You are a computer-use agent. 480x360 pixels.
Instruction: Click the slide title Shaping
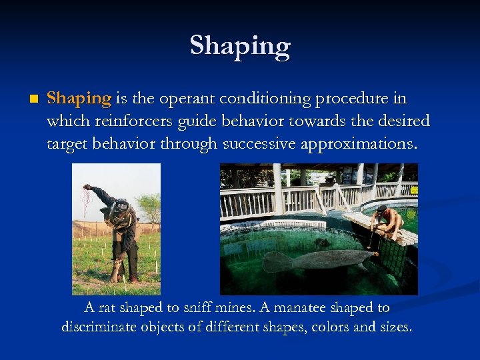tap(240, 46)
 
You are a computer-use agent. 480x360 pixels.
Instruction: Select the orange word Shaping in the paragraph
tap(79, 99)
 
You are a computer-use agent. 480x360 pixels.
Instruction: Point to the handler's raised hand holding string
tap(86, 188)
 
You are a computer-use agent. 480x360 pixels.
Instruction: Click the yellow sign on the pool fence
tap(413, 191)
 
